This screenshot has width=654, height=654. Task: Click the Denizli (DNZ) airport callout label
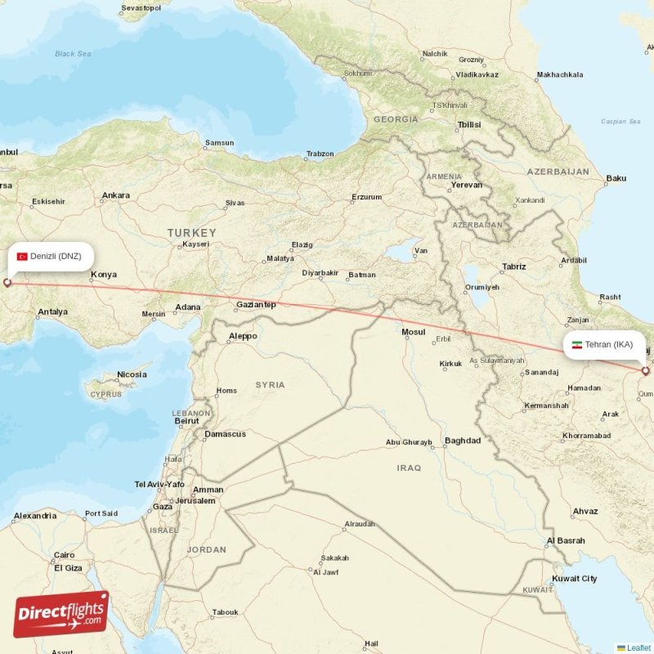pyautogui.click(x=50, y=256)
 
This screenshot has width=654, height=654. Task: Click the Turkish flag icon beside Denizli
pyautogui.click(x=22, y=256)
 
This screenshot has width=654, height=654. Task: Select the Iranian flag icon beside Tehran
pyautogui.click(x=576, y=344)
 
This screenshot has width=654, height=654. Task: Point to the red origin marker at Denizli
pyautogui.click(x=8, y=283)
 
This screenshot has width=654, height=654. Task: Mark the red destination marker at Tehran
pyautogui.click(x=645, y=371)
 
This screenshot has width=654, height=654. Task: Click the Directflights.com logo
pyautogui.click(x=61, y=614)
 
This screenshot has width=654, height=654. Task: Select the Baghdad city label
pyautogui.click(x=463, y=441)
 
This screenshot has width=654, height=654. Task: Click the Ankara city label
pyautogui.click(x=115, y=195)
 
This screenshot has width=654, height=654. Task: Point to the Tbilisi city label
pyautogui.click(x=468, y=124)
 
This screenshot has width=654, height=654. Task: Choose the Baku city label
pyautogui.click(x=616, y=178)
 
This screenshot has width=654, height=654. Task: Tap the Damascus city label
pyautogui.click(x=225, y=433)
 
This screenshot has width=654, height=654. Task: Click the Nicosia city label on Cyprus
pyautogui.click(x=132, y=374)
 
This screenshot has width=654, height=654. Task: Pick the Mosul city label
pyautogui.click(x=414, y=331)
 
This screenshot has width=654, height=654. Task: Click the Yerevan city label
pyautogui.click(x=467, y=185)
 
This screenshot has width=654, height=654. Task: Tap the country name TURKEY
pyautogui.click(x=192, y=233)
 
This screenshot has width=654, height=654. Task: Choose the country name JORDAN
pyautogui.click(x=206, y=549)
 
